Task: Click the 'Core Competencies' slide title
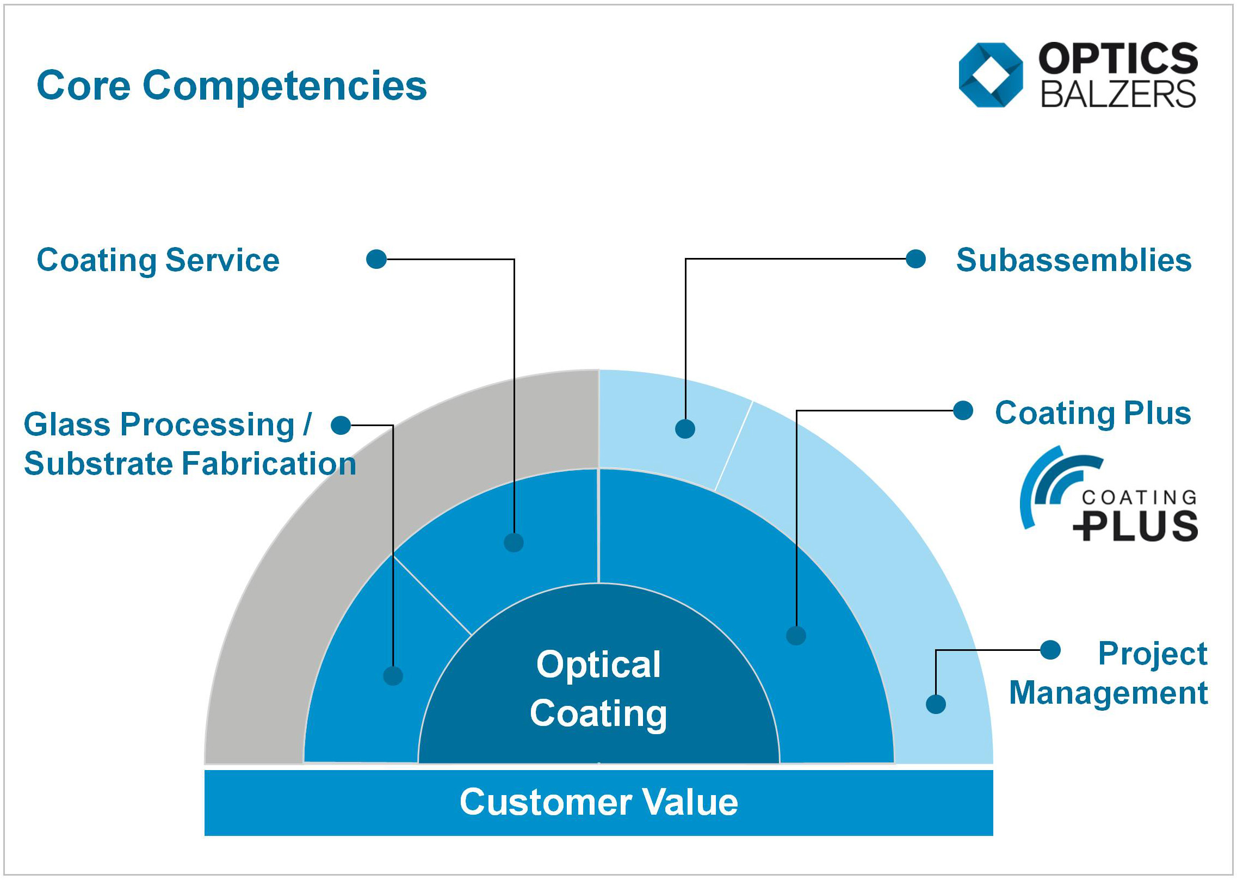click(232, 85)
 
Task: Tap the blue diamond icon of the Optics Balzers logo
click(991, 75)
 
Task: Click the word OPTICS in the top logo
click(1118, 58)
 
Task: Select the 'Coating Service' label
click(158, 260)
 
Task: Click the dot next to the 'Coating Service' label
click(376, 259)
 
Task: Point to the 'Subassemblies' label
click(1074, 260)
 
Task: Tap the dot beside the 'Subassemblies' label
click(916, 259)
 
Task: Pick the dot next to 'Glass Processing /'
click(341, 425)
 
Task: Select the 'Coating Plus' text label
click(1093, 413)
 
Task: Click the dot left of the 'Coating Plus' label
click(963, 411)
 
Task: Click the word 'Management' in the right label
click(1109, 693)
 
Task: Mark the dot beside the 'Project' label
click(1050, 650)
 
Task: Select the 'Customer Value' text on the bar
click(598, 802)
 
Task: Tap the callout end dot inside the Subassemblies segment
click(685, 429)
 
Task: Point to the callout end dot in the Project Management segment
click(936, 704)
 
